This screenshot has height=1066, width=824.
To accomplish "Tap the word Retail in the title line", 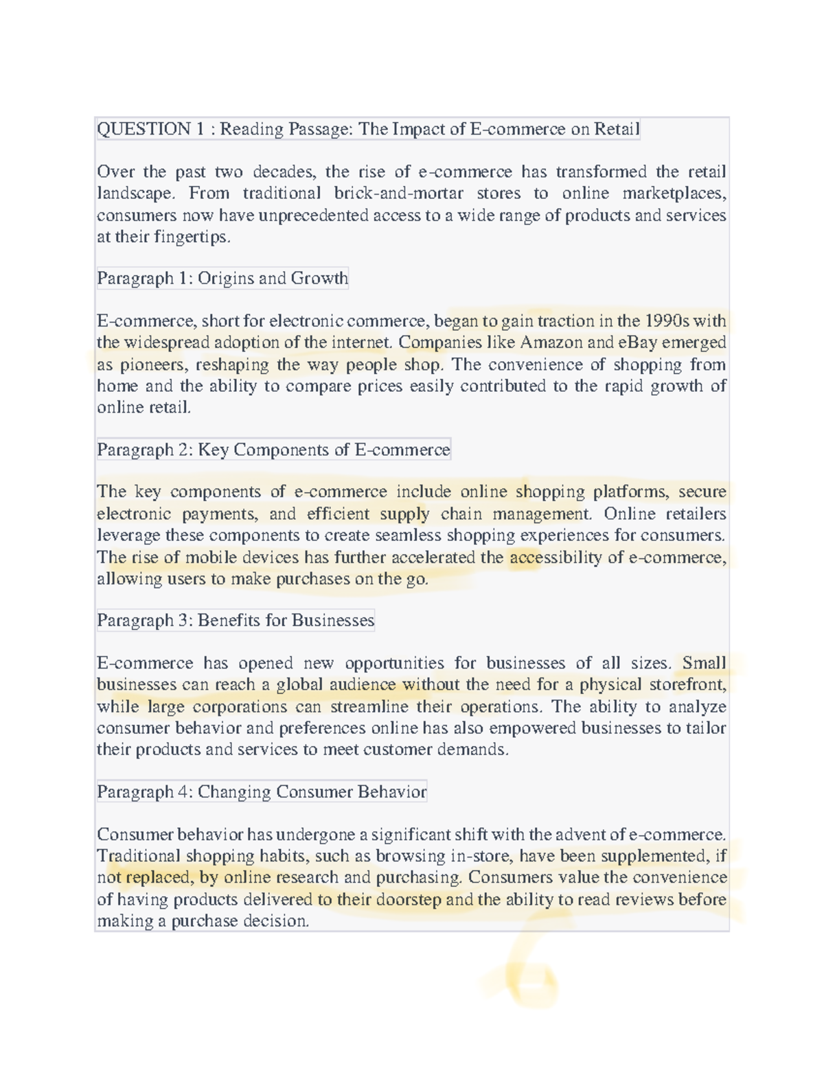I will tap(617, 129).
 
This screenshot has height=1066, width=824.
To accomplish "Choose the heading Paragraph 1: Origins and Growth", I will tap(222, 278).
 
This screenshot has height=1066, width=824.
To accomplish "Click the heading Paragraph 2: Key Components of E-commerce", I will tap(273, 450).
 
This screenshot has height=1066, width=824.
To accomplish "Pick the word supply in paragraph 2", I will tap(404, 514).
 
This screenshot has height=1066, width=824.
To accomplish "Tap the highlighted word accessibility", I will tap(556, 557).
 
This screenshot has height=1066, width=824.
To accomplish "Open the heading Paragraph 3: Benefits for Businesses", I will tap(236, 621).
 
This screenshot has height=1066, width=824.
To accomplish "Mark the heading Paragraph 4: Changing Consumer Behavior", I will tap(262, 792).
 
